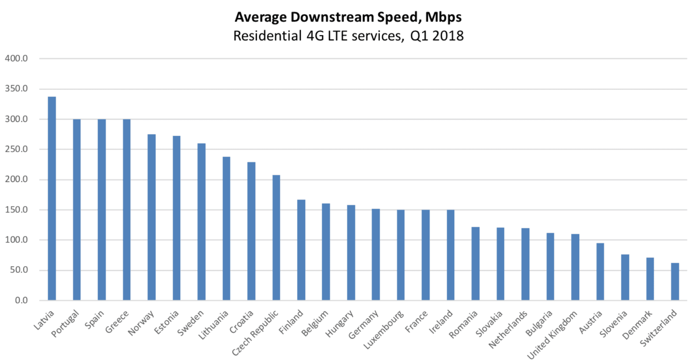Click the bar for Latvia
[52, 198]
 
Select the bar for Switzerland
[675, 282]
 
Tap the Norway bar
[151, 217]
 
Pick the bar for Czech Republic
[276, 238]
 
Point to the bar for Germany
[376, 254]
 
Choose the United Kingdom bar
[575, 267]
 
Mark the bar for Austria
[600, 271]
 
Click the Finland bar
[301, 250]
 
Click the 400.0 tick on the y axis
[16, 58]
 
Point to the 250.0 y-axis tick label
[16, 149]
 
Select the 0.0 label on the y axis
[21, 300]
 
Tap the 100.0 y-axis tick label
[16, 240]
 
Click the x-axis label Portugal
[65, 324]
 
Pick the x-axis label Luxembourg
[383, 330]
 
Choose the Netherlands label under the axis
[508, 329]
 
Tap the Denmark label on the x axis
[637, 325]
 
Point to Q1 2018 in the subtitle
[437, 36]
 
